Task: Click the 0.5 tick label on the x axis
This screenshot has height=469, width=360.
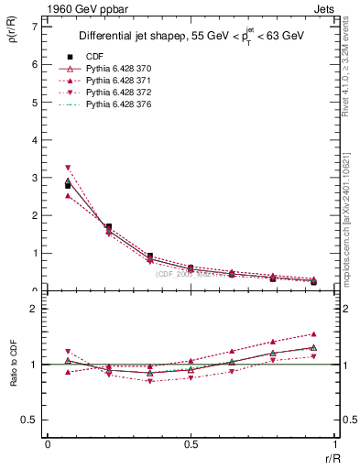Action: point(191,444)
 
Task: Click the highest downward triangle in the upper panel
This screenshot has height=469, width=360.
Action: point(68,168)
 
